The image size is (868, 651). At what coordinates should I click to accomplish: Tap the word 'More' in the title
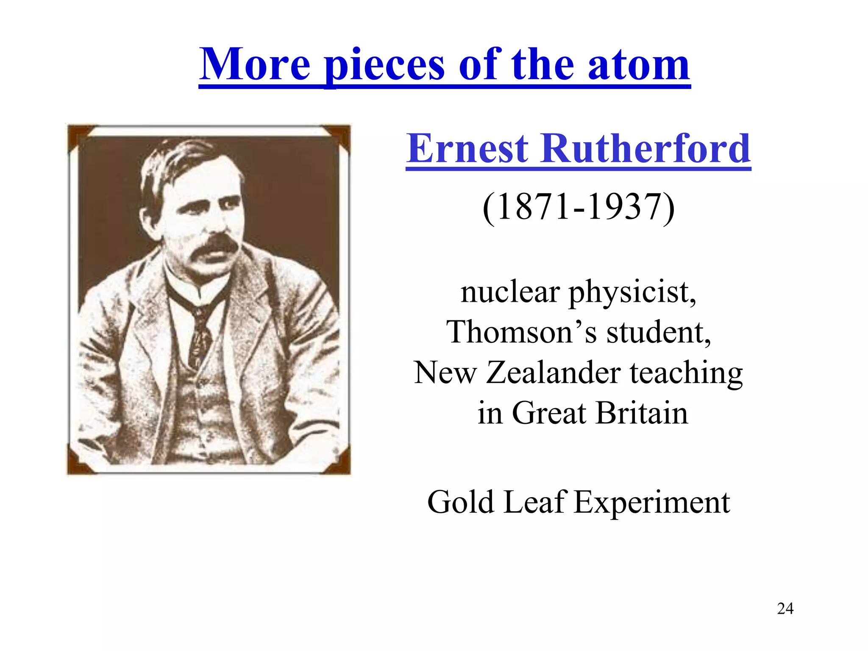coord(255,64)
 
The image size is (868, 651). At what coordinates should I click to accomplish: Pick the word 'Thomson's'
coord(521,332)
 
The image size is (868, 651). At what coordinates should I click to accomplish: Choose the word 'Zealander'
coord(553,373)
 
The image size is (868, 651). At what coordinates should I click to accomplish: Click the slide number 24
coord(785,609)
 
